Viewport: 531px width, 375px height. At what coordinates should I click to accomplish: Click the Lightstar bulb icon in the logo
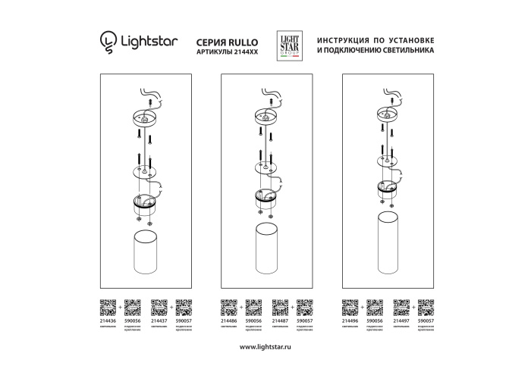(109, 40)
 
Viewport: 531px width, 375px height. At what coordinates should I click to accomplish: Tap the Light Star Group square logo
(288, 42)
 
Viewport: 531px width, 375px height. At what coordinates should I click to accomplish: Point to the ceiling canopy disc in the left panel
(144, 117)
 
